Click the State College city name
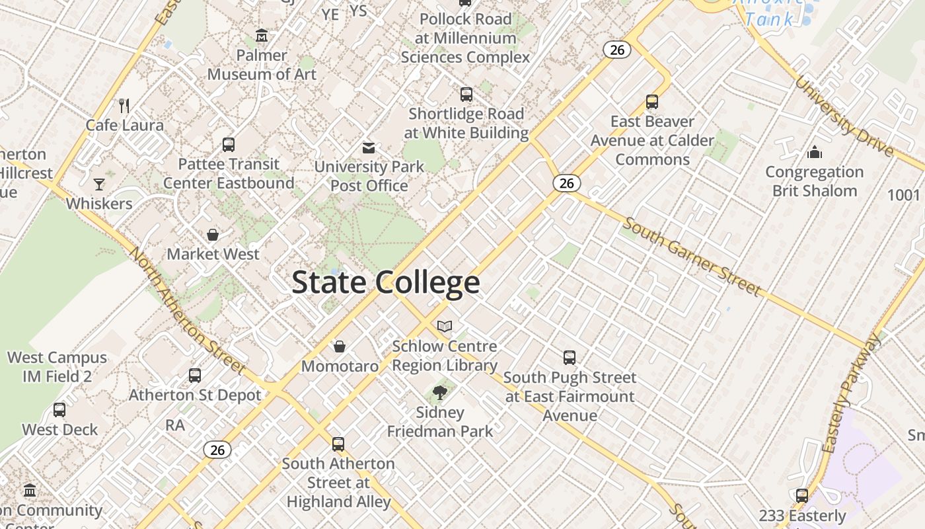(x=385, y=282)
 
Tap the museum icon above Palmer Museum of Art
(x=262, y=35)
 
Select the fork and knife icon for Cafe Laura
(x=124, y=105)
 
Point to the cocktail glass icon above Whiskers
(x=99, y=184)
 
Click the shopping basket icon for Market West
(x=213, y=234)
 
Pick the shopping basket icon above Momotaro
(x=340, y=346)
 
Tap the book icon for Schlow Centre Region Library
(x=445, y=326)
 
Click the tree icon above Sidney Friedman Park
(x=439, y=393)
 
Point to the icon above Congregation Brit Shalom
(x=815, y=153)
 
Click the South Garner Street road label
(x=692, y=257)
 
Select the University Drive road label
(x=844, y=116)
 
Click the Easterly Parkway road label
(x=852, y=393)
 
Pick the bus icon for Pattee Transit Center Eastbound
(x=229, y=144)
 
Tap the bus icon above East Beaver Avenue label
(x=652, y=102)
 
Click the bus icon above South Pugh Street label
(x=570, y=358)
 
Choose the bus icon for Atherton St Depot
(x=195, y=376)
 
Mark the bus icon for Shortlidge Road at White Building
(x=466, y=94)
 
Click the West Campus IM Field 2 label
(x=57, y=367)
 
